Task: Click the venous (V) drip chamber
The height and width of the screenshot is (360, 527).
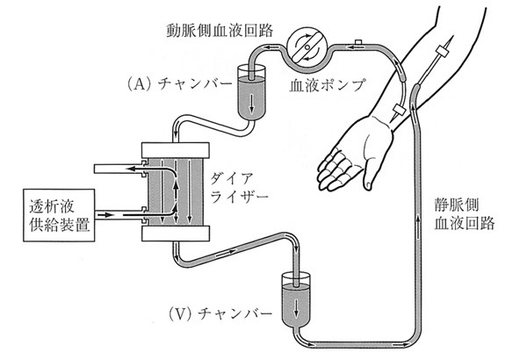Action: coord(296,302)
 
